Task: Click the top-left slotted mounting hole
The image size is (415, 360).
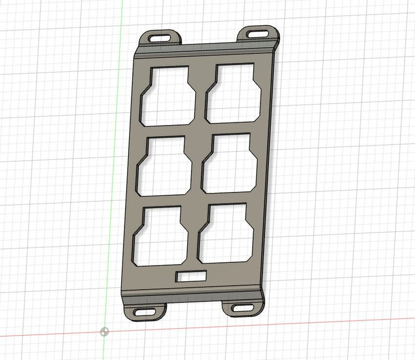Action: click(x=161, y=37)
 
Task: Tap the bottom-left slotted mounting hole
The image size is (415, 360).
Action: click(x=145, y=312)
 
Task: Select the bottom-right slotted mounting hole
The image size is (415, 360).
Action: click(x=241, y=308)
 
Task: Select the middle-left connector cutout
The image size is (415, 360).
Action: click(x=164, y=165)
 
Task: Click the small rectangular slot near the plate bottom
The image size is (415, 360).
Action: click(x=191, y=276)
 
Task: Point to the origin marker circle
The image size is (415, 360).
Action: click(x=105, y=331)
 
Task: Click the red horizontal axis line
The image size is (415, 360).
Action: click(x=311, y=322)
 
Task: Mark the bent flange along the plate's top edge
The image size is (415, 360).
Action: click(x=208, y=49)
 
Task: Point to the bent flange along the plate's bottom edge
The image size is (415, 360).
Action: click(x=192, y=294)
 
